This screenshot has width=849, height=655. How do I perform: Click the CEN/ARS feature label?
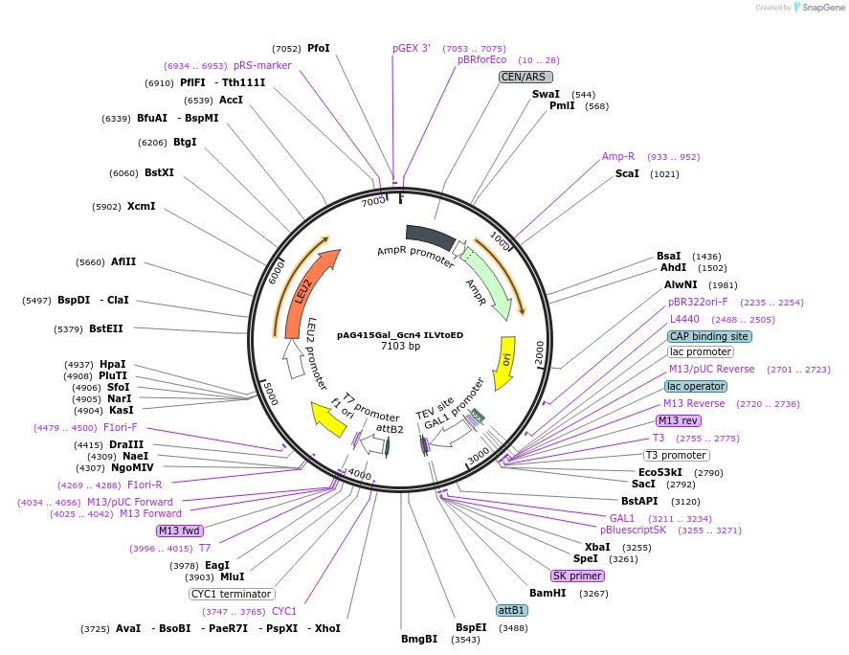coord(526,77)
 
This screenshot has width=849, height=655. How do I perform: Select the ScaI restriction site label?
coord(628,174)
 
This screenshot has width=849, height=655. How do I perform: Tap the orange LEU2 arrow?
coord(308,292)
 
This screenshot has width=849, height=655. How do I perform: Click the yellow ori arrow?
coord(503,362)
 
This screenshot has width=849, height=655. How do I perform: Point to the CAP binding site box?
coord(709,336)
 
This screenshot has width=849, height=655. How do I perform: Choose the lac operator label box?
coord(696,386)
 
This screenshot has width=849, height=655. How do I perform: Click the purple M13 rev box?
coord(678,420)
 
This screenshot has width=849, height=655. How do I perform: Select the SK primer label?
coord(577,576)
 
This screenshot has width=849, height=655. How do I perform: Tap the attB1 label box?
coord(511,610)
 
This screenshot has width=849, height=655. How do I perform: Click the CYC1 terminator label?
coord(233,594)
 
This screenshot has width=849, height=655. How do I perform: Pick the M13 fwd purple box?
coord(180,531)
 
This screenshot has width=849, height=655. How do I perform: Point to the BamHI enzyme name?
coord(547,593)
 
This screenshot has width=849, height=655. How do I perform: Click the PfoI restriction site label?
coord(318,48)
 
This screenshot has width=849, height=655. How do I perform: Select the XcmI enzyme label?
coord(141,206)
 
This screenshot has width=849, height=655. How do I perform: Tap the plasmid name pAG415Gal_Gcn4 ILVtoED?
coord(400,335)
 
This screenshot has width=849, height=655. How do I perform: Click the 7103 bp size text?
coord(400,347)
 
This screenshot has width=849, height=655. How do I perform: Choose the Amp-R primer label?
coord(618,156)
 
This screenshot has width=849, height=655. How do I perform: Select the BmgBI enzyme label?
coord(419,639)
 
